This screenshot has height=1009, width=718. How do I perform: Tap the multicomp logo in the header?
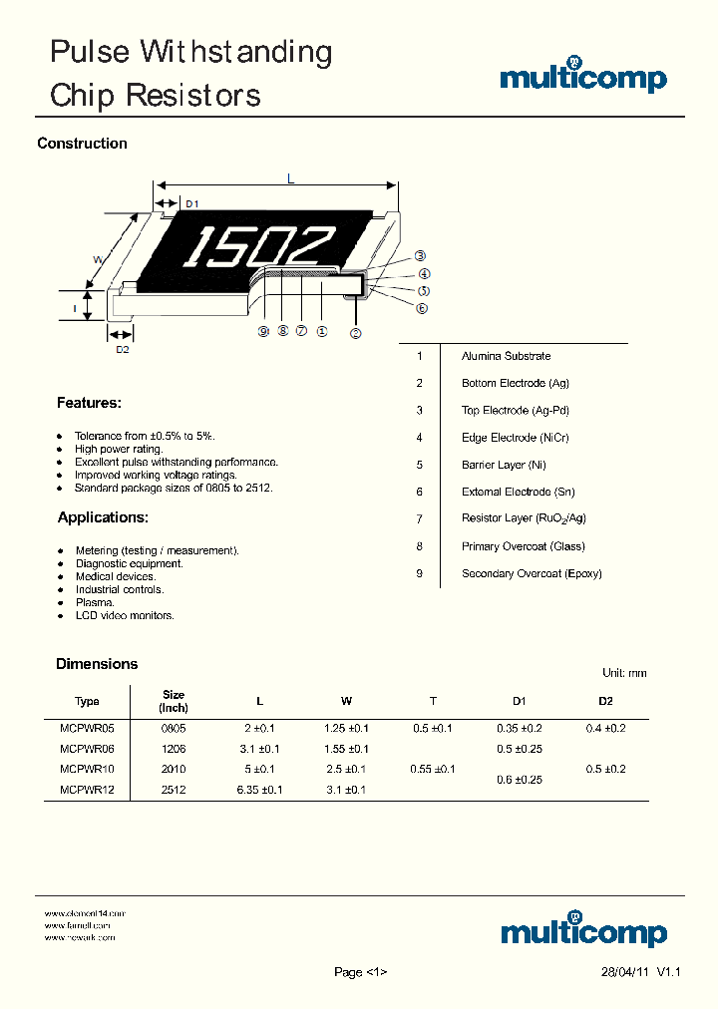(583, 79)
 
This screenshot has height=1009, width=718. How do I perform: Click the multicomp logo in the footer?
(583, 930)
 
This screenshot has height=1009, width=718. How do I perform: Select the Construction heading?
(82, 144)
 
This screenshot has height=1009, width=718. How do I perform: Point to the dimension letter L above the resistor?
(290, 179)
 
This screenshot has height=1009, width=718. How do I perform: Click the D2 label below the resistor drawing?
(123, 349)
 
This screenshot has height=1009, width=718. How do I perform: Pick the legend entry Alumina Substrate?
(506, 356)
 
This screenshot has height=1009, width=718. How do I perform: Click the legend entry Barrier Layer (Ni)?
(504, 465)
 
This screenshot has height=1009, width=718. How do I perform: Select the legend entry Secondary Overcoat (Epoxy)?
(532, 573)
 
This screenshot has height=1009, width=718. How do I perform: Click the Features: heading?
(89, 403)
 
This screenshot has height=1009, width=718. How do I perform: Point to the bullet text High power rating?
(119, 449)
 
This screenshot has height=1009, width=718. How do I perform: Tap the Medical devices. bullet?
(116, 576)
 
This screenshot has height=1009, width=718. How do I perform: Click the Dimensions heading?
(97, 664)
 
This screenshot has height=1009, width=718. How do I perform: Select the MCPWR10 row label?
(87, 769)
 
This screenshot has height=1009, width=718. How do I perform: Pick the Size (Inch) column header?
(174, 701)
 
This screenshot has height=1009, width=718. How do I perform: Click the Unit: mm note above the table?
(624, 673)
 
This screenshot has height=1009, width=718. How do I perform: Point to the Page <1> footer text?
(360, 972)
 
